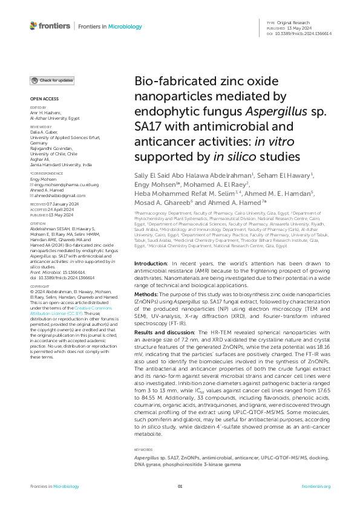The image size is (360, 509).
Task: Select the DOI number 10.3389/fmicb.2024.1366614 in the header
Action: tap(308, 33)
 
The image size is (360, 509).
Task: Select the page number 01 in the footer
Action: tap(180, 486)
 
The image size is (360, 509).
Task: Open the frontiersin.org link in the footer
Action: tap(315, 486)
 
